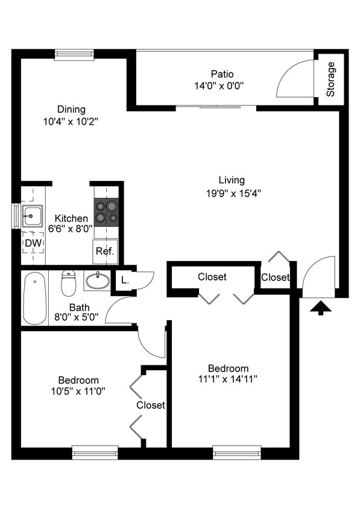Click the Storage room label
point(330,79)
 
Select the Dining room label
point(71,110)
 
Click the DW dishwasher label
point(33,243)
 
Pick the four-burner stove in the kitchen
point(106,211)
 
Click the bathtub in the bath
point(35,298)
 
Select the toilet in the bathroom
point(69,283)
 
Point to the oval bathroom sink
point(97,280)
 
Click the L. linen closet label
point(124,280)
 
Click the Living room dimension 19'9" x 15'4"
point(232,193)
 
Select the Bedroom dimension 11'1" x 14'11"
point(228,379)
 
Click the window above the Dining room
point(74,55)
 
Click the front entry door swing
point(318,276)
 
